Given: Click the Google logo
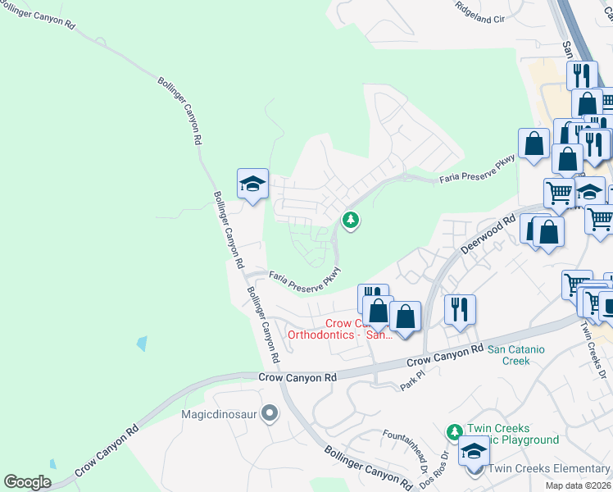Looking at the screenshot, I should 27,482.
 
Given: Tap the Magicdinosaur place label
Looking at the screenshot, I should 220,413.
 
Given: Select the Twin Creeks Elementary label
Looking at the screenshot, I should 548,469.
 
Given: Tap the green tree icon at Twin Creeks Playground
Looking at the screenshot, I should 454,431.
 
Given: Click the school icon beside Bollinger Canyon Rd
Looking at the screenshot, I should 253,184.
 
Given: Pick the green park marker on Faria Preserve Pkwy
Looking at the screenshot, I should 351,220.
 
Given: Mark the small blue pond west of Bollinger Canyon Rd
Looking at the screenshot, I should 143,344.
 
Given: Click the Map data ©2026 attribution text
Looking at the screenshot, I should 577,485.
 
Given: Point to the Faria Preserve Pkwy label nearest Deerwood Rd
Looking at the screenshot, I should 476,168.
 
